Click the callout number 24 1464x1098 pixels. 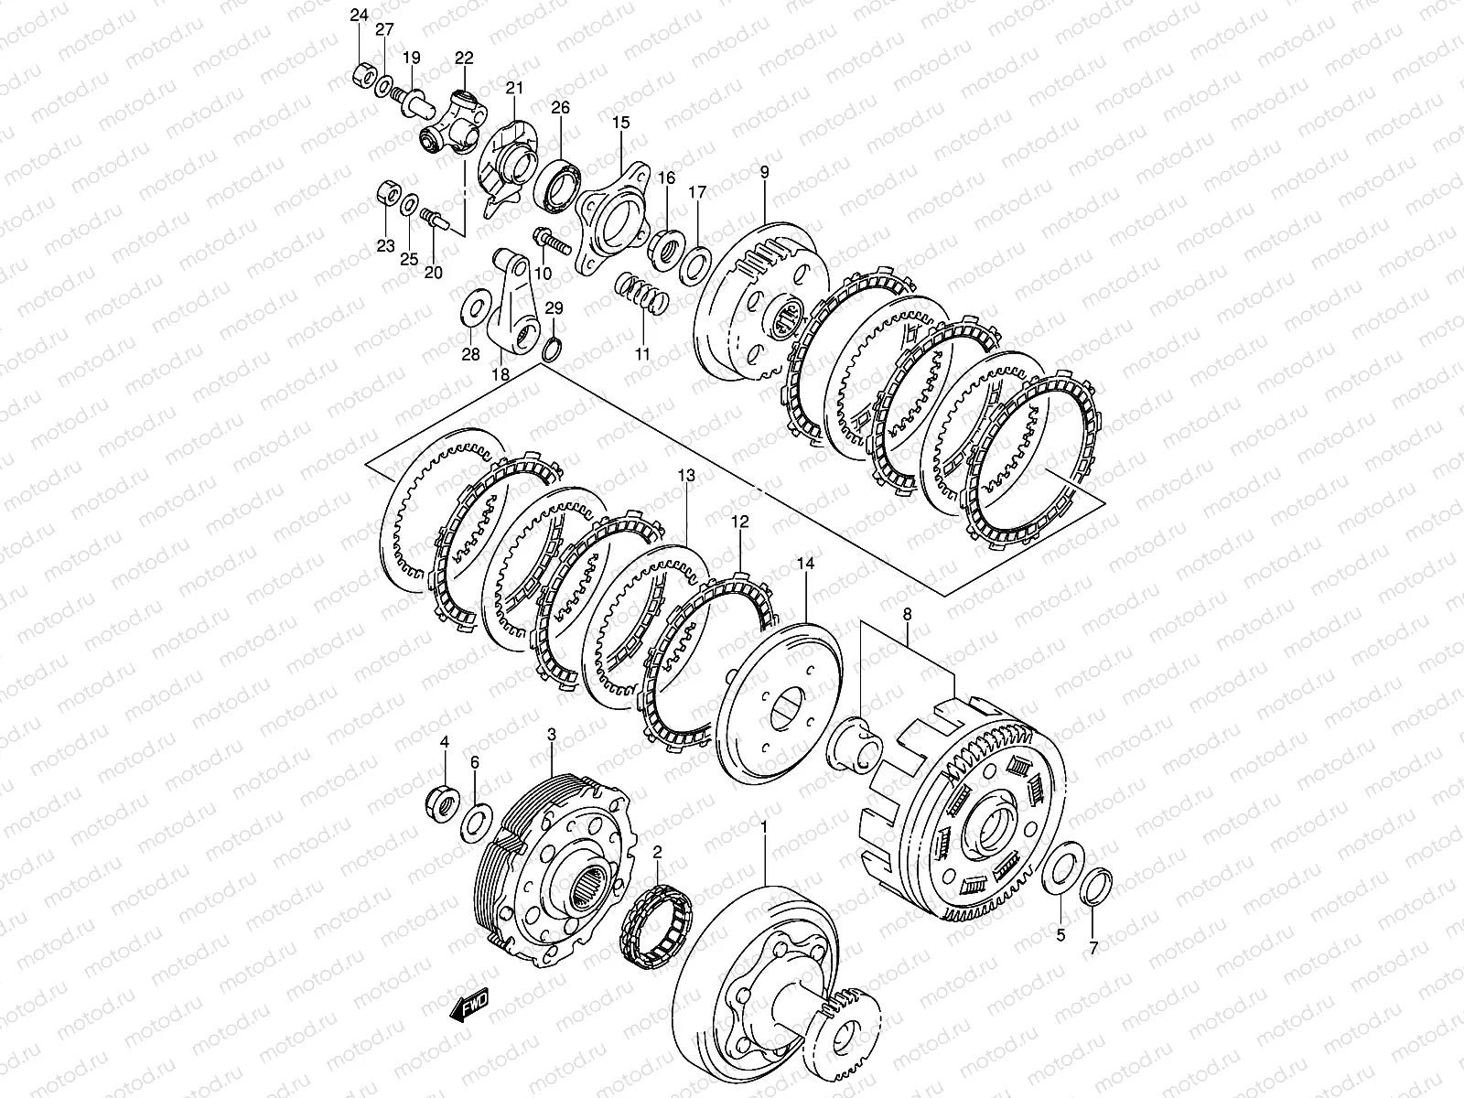point(359,16)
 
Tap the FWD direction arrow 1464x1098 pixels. point(469,1004)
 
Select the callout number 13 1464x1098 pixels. point(686,475)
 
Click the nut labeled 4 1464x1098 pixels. point(442,804)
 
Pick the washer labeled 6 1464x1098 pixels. point(476,823)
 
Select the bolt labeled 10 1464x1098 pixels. point(551,242)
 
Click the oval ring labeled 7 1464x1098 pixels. point(1096,888)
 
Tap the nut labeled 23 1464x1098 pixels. point(385,194)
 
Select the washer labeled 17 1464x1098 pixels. point(695,265)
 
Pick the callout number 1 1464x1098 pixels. point(764,826)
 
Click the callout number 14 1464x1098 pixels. point(805,564)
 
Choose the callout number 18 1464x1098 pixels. point(501,374)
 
